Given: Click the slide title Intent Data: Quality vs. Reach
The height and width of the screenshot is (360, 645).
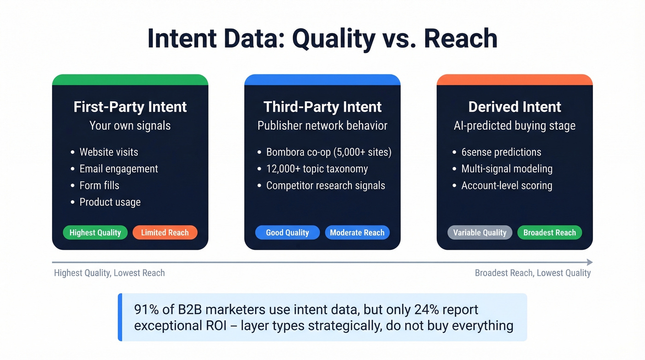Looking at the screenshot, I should (x=322, y=39).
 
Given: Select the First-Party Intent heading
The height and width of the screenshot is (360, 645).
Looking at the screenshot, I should (x=130, y=107).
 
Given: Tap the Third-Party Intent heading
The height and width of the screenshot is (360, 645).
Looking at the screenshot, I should (x=322, y=107).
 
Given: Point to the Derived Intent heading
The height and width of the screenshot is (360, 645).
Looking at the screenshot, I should (x=515, y=107).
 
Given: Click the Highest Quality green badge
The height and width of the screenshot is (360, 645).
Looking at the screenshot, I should (x=95, y=233).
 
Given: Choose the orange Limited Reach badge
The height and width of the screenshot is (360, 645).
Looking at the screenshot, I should (x=165, y=233).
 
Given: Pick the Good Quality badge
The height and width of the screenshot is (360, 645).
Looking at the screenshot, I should (x=287, y=233).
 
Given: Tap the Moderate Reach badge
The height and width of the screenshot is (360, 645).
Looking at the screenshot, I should (x=357, y=233).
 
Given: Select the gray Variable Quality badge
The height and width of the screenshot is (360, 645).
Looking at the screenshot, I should (x=480, y=233).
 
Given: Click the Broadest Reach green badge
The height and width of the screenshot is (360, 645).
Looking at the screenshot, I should (x=550, y=233).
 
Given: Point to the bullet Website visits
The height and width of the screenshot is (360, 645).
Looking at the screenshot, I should (x=109, y=152).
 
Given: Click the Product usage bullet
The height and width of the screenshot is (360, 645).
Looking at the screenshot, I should (x=110, y=202).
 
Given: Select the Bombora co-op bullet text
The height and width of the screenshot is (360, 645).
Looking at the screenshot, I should (x=328, y=152).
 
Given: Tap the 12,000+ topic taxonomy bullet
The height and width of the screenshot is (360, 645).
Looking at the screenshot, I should (x=317, y=169).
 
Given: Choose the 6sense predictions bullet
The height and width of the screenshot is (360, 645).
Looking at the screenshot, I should (x=501, y=152).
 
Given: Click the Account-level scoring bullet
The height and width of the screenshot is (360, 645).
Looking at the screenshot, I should (x=507, y=185).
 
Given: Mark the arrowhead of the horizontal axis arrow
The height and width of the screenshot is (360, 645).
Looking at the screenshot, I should (x=590, y=262).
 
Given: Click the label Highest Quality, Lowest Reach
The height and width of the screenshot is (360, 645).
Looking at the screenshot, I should (x=109, y=273).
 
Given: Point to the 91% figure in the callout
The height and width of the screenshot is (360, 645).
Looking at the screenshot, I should (x=145, y=309).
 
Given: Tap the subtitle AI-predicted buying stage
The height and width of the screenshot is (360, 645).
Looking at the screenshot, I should (x=515, y=126).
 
